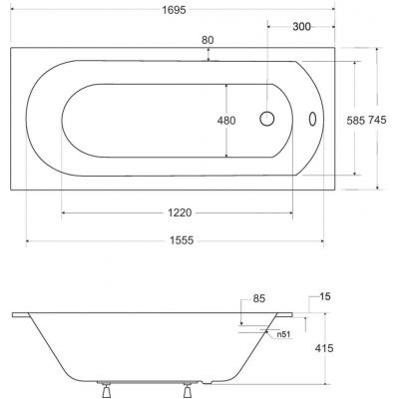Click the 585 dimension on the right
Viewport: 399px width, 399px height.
(356, 117)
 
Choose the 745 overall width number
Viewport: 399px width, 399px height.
(377, 117)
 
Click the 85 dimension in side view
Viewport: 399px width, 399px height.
(259, 297)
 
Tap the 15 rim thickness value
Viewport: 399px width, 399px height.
(327, 297)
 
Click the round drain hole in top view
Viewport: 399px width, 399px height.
(267, 119)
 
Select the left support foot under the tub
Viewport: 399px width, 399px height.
(103, 384)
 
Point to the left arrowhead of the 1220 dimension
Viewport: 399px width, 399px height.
(64, 213)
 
